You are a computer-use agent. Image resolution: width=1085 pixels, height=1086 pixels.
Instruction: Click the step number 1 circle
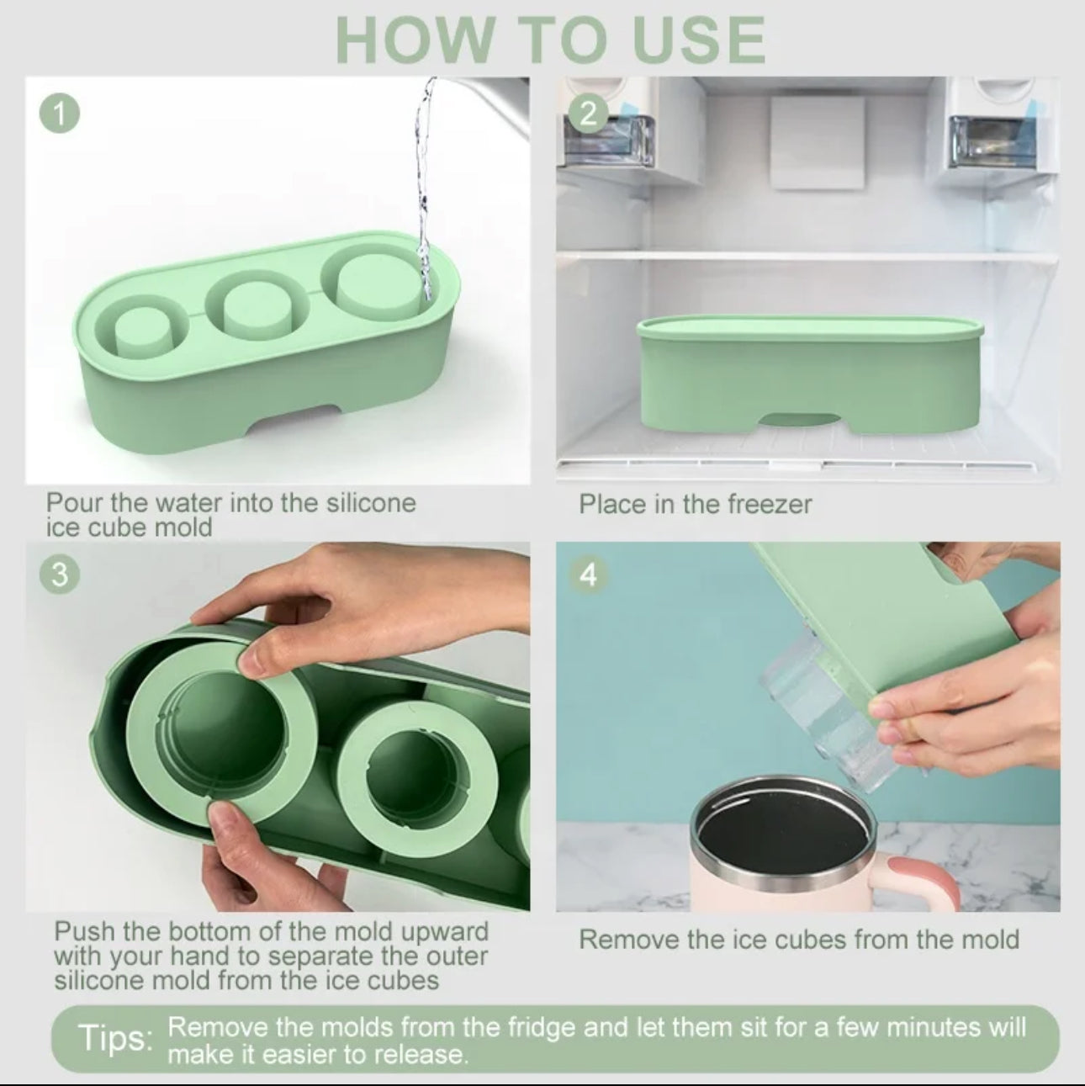click(x=59, y=114)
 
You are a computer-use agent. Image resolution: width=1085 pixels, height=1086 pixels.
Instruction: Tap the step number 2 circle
click(x=589, y=114)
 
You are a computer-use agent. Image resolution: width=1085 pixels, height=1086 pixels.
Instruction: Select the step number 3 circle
click(x=59, y=575)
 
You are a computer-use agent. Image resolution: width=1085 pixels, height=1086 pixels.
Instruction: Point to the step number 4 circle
click(x=589, y=575)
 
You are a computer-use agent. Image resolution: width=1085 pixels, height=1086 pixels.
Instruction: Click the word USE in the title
click(x=699, y=40)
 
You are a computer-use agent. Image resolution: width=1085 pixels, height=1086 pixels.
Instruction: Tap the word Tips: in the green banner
click(x=116, y=1037)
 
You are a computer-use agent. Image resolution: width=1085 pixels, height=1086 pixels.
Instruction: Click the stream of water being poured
click(x=424, y=186)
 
